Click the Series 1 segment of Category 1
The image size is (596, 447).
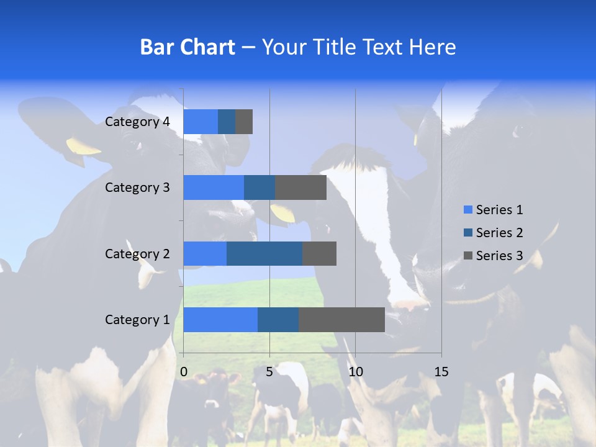pos(220,319)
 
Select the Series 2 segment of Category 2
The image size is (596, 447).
pos(264,253)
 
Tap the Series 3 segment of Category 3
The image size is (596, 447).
pos(300,187)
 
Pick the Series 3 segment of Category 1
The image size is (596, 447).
pos(341,319)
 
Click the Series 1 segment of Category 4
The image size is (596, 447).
pos(201,122)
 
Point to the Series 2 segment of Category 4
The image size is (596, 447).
pos(227,122)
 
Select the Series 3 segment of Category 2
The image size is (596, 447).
pos(319,253)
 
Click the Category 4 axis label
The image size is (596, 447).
pos(137,122)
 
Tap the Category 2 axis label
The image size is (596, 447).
pos(137,253)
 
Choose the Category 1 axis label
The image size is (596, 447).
pos(137,320)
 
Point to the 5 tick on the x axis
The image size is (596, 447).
pos(269,372)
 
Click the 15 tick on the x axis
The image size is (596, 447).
pos(441,372)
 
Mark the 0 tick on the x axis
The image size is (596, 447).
pos(184,372)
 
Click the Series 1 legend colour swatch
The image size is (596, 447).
pos(468,210)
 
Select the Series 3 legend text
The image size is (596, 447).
pos(499,256)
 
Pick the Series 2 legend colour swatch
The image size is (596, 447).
pos(468,233)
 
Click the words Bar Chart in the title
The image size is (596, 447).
pos(187,47)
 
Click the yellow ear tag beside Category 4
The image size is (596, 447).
pos(83,147)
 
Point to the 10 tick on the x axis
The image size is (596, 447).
pos(355,372)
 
